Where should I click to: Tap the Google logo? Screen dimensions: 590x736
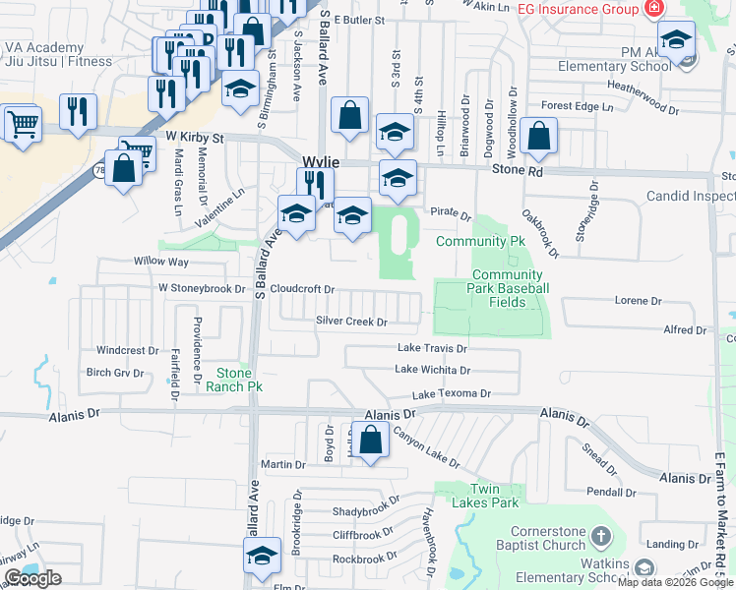(x=32, y=579)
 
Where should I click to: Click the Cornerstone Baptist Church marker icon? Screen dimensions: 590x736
(x=602, y=537)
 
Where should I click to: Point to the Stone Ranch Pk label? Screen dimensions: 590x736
(x=234, y=380)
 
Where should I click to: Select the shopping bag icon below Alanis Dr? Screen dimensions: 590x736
(x=371, y=442)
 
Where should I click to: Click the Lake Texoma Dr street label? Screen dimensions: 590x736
(x=451, y=393)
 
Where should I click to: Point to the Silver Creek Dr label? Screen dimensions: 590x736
(x=351, y=321)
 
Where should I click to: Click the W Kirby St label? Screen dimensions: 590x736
(x=195, y=138)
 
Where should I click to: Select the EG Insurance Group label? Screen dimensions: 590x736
(x=579, y=9)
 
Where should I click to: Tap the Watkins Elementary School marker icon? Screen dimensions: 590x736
(x=644, y=568)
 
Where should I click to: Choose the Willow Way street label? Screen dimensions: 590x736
(x=160, y=263)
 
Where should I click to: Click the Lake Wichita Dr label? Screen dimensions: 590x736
(x=432, y=370)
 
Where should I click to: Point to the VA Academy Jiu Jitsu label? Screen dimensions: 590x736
(x=58, y=54)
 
